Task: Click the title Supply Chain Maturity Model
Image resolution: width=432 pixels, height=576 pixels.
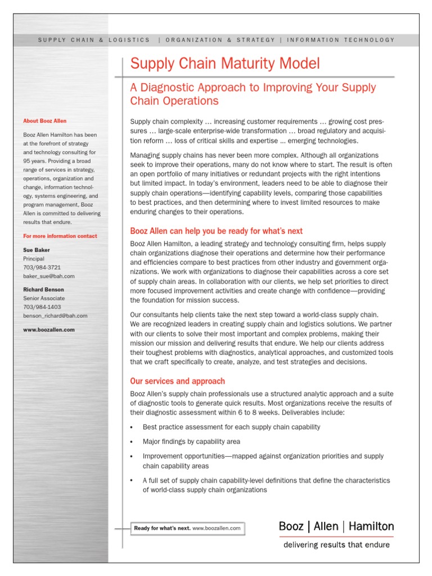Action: click(225, 63)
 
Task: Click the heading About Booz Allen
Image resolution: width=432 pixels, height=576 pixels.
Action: click(44, 121)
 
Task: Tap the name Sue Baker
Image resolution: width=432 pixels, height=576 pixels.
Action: click(36, 250)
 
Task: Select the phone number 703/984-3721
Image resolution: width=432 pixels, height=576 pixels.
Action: click(42, 267)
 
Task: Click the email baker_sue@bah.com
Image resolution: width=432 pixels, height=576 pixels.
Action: click(48, 276)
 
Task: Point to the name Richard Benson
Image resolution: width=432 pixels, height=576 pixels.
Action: click(44, 290)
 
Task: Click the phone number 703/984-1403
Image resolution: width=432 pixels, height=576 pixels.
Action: click(42, 307)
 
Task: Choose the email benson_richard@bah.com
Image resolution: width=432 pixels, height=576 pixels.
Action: click(55, 316)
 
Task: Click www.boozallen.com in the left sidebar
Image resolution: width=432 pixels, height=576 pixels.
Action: click(48, 330)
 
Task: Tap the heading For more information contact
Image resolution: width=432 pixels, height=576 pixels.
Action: click(60, 236)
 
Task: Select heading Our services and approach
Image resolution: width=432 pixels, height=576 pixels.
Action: click(177, 381)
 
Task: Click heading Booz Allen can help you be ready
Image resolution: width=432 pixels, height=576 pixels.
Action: click(216, 231)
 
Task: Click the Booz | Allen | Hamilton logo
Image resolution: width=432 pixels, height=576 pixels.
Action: click(336, 526)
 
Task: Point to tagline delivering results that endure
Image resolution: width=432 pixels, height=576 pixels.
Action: click(336, 544)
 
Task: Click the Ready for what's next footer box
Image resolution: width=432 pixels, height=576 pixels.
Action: click(187, 528)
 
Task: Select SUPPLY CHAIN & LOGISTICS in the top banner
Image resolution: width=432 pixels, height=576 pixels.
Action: click(94, 40)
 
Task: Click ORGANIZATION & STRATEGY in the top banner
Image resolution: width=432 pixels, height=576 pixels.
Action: click(220, 40)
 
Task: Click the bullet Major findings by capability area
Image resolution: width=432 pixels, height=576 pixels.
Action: click(191, 442)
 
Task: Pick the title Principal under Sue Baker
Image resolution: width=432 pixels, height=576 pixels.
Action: click(34, 259)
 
